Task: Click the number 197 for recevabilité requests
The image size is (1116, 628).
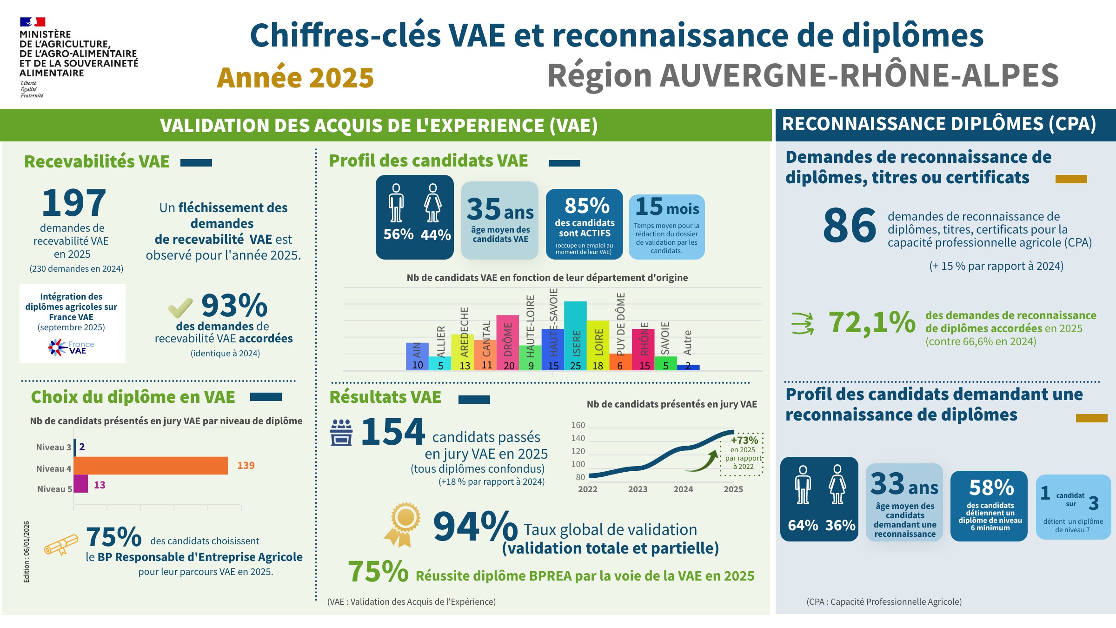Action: [74, 203]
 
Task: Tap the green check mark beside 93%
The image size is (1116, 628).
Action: [180, 307]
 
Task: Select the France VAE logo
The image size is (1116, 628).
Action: [71, 347]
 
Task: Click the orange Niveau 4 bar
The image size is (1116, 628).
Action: [151, 466]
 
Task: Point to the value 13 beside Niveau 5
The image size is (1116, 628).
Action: [100, 485]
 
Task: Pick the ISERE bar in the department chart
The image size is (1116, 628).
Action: [575, 335]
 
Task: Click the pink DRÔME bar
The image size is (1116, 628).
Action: [507, 342]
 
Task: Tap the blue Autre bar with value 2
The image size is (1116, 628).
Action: [688, 367]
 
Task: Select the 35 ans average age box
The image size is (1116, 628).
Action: [500, 220]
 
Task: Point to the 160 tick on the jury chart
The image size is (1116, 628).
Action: [578, 425]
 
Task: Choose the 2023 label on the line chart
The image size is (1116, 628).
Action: [638, 489]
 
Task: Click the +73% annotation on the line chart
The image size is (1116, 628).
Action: [744, 440]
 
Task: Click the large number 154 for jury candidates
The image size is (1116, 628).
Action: [392, 432]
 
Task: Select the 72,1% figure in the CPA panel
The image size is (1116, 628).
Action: [872, 322]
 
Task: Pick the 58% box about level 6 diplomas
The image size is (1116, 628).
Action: [989, 506]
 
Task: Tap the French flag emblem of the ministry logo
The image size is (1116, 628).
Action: [32, 22]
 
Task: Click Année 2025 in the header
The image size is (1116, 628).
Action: [295, 78]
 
